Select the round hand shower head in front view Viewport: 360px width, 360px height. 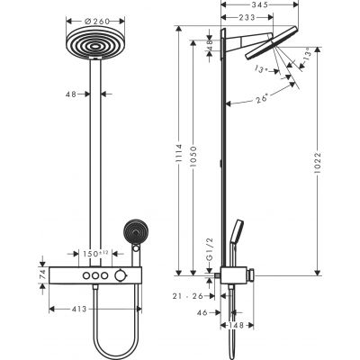[137, 231]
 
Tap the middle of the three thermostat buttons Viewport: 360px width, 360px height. [94, 274]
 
